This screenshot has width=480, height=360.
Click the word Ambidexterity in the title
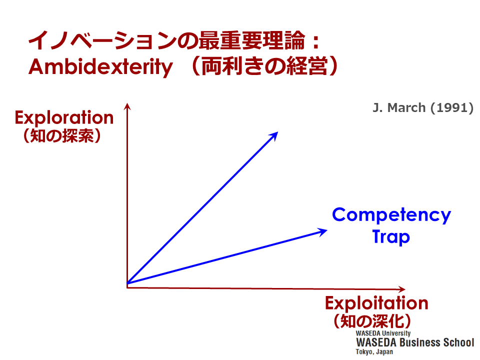[100, 66]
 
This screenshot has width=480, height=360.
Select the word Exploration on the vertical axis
[64, 118]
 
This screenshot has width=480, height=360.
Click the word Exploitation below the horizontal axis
[376, 303]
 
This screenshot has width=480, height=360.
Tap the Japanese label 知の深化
[372, 321]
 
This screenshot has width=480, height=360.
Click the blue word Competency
[391, 215]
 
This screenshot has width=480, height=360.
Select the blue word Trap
[391, 237]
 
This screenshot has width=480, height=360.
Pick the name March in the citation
[406, 108]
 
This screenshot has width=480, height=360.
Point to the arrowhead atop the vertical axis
[127, 106]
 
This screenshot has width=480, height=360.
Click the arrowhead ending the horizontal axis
[402, 289]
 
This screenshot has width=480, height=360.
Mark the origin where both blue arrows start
[127, 283]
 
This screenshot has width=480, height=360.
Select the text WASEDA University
[383, 333]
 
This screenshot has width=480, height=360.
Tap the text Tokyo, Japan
[374, 351]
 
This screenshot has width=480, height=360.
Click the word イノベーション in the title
[102, 40]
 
